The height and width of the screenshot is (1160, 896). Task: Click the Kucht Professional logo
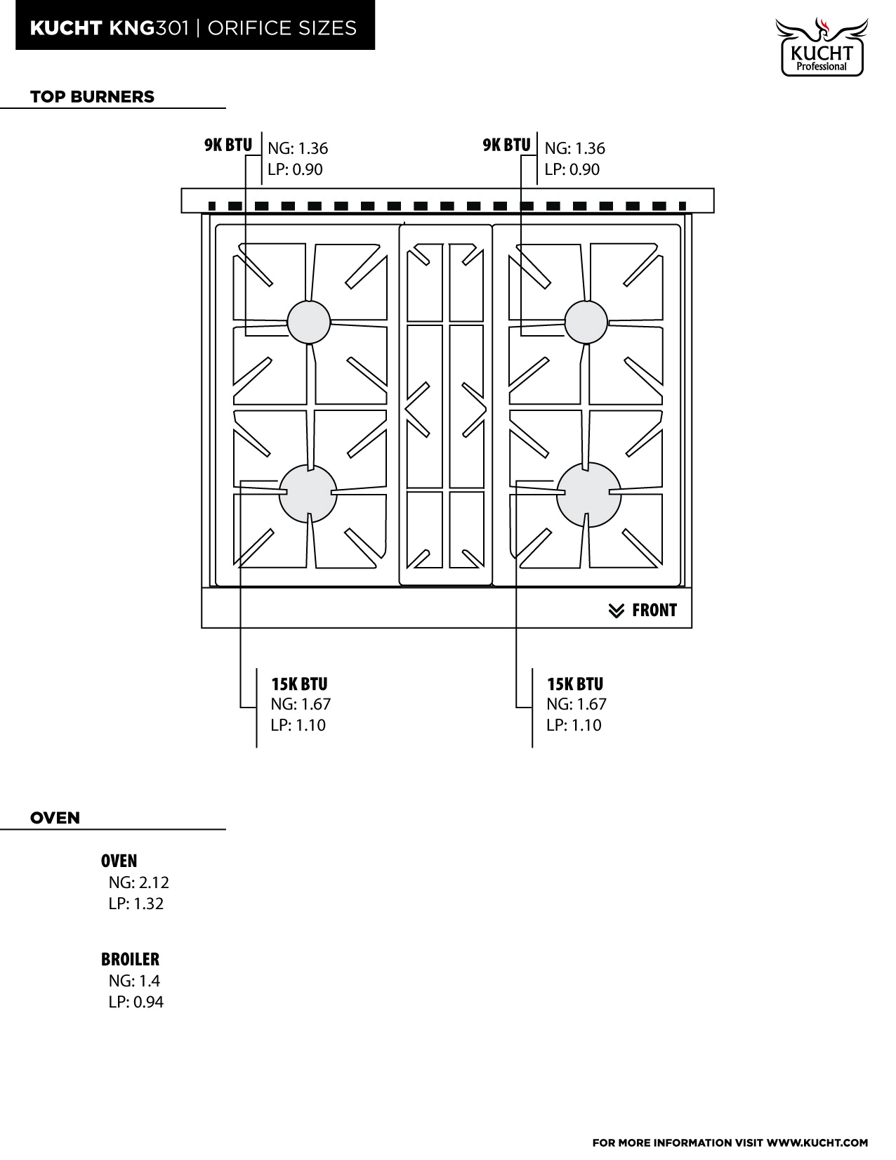tap(822, 47)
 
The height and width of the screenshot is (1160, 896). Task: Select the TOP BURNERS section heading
tap(92, 97)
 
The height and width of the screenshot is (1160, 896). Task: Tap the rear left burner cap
tap(309, 322)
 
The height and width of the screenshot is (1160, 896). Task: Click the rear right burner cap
tap(586, 322)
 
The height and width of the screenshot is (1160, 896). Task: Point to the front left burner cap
tap(308, 493)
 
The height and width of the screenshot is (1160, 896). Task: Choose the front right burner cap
tap(589, 495)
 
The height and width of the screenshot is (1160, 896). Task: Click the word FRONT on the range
tap(654, 610)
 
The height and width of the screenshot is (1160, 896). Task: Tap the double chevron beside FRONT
tap(617, 611)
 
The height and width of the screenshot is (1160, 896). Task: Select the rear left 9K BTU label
tap(228, 145)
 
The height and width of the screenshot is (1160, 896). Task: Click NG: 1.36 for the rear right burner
tap(575, 148)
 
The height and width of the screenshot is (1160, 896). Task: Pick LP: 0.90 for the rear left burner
tap(295, 169)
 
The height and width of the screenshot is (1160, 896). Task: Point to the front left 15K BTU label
tap(299, 684)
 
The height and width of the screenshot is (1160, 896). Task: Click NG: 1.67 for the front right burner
tap(577, 704)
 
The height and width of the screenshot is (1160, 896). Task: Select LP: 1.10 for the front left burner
tap(298, 725)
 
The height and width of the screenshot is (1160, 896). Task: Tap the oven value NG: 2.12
tap(138, 882)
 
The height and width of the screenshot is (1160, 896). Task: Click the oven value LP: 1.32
tap(136, 904)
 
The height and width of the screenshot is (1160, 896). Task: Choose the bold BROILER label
tap(130, 959)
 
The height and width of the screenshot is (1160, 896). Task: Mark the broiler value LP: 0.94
tap(136, 1001)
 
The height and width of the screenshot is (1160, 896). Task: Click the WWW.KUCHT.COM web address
tap(817, 1142)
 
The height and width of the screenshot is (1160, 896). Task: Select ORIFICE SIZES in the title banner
tap(282, 28)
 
